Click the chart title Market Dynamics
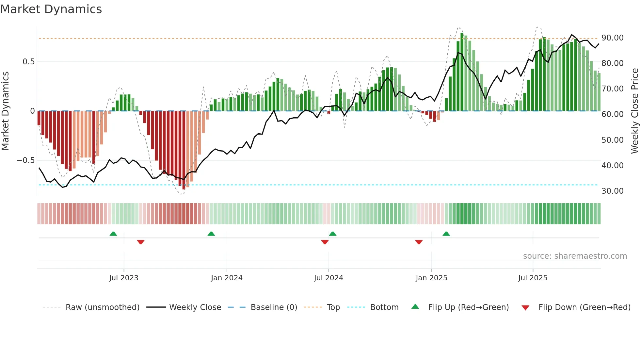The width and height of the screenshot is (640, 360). [51, 9]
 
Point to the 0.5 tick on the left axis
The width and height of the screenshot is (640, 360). [28, 62]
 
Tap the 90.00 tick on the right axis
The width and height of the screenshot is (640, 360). [613, 38]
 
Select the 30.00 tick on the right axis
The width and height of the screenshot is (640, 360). [613, 191]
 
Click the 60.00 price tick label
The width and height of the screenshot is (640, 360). [613, 114]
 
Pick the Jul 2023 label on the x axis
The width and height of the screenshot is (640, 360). [124, 278]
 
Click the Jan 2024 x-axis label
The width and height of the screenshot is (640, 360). [227, 278]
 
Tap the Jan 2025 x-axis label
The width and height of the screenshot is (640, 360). [431, 278]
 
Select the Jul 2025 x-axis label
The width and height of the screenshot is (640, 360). [533, 278]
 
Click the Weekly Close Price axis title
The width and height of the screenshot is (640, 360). [634, 111]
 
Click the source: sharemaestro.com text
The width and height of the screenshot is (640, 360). [575, 256]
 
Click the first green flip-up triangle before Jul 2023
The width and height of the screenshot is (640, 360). [113, 234]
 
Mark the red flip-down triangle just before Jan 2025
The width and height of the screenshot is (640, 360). [419, 242]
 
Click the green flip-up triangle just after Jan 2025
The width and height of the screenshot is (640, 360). [446, 234]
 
